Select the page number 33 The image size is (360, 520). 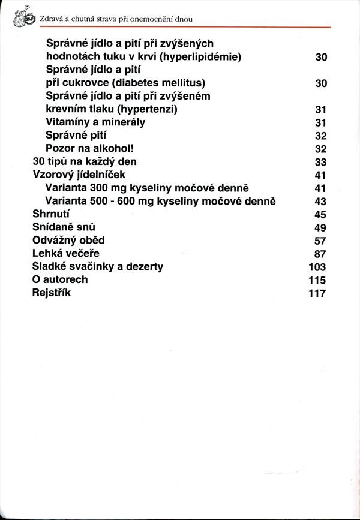click(x=320, y=162)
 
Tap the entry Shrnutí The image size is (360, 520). click(x=51, y=214)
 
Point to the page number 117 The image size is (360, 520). click(x=317, y=293)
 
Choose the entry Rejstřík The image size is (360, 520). click(x=51, y=293)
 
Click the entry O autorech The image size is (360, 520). click(x=60, y=279)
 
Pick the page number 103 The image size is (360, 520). click(x=317, y=267)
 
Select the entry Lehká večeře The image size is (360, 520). click(x=65, y=254)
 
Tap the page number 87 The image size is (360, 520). click(x=320, y=254)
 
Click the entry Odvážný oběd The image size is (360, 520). click(x=68, y=241)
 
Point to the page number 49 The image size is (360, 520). click(x=320, y=227)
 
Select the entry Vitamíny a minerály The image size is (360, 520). click(x=95, y=122)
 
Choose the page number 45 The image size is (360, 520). click(x=320, y=215)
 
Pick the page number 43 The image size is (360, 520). click(x=320, y=202)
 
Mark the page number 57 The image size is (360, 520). click(x=320, y=241)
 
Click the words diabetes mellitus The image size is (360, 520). click(x=158, y=83)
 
